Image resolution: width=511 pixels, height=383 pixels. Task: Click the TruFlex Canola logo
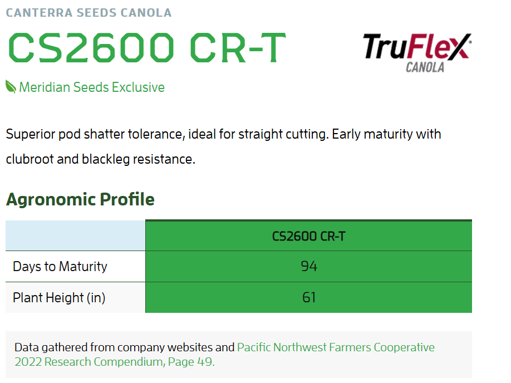417,53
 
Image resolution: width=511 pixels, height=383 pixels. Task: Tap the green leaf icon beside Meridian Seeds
11,87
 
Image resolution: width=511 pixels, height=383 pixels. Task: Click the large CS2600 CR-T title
147,47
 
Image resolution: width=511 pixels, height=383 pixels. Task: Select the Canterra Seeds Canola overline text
89,13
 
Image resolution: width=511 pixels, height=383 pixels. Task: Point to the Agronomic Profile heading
80,199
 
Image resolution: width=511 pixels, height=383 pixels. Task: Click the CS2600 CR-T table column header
308,237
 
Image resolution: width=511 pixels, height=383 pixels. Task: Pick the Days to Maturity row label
60,267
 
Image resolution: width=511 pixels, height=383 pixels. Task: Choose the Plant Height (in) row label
59,298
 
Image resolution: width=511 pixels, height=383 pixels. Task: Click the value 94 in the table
308,266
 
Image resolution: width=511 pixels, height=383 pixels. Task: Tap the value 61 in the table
308,297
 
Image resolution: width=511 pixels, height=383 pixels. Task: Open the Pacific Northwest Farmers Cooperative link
336,347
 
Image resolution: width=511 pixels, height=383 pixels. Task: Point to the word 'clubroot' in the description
30,159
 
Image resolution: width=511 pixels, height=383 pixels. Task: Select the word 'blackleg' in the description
106,159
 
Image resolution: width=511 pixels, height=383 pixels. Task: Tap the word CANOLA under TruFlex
425,67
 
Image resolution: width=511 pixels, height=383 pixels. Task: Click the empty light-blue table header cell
75,235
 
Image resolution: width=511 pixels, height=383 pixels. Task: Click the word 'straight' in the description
261,134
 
